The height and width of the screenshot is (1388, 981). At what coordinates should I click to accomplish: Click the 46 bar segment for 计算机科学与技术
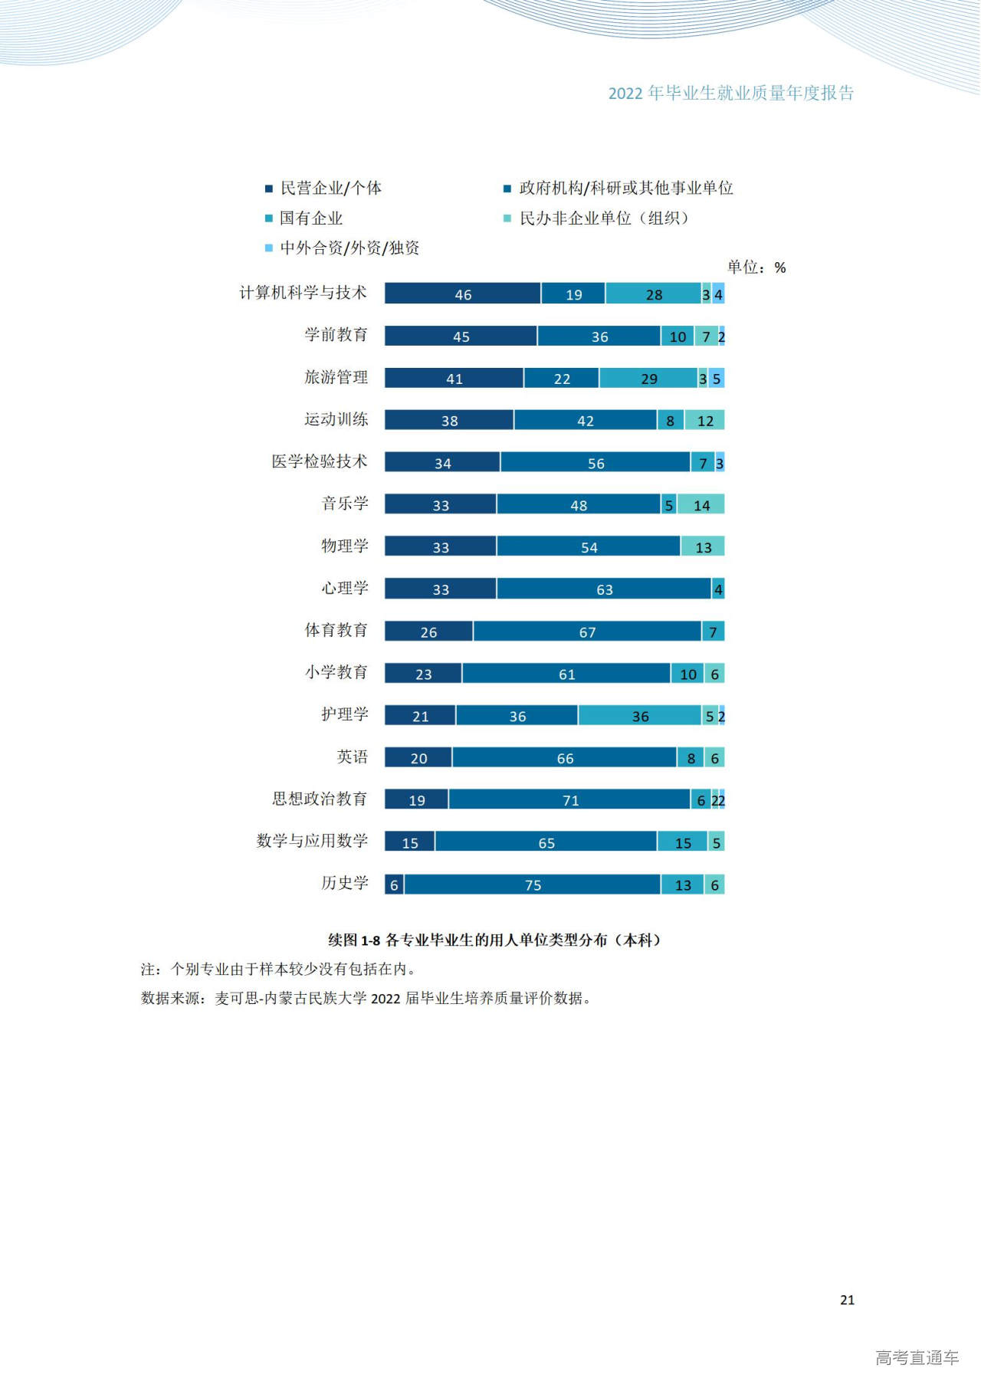(x=462, y=294)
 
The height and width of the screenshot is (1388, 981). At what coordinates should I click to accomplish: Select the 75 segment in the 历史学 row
(x=533, y=884)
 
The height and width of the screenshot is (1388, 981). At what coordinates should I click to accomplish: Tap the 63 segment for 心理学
(x=604, y=589)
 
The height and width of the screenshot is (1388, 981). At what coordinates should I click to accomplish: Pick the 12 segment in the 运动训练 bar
(x=705, y=420)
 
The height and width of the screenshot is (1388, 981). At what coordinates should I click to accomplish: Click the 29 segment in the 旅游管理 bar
(x=648, y=378)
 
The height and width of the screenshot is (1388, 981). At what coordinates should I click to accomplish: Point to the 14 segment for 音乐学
(x=701, y=504)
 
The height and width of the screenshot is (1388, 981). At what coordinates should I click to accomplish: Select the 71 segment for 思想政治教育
(x=569, y=799)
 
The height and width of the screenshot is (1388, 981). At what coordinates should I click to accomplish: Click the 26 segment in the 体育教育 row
(x=428, y=632)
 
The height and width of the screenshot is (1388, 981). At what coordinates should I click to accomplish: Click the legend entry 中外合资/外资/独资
(x=349, y=248)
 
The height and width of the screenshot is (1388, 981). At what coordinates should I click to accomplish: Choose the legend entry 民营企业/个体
(x=330, y=189)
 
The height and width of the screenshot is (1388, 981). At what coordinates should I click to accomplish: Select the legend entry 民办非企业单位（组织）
(x=604, y=218)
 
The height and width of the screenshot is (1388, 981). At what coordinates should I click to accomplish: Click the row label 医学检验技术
(x=320, y=461)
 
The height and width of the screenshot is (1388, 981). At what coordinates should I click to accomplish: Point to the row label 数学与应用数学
(x=312, y=841)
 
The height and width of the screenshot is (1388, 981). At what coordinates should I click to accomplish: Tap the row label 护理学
(x=344, y=714)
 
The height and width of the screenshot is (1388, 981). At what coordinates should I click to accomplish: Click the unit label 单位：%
(x=756, y=267)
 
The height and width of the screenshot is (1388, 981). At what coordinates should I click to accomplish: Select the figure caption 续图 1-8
(x=494, y=940)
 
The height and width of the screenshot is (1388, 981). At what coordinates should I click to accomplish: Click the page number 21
(x=847, y=1300)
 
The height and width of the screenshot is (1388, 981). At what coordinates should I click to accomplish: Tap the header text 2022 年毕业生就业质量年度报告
(x=730, y=94)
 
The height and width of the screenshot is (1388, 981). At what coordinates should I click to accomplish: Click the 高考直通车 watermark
(x=917, y=1358)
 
